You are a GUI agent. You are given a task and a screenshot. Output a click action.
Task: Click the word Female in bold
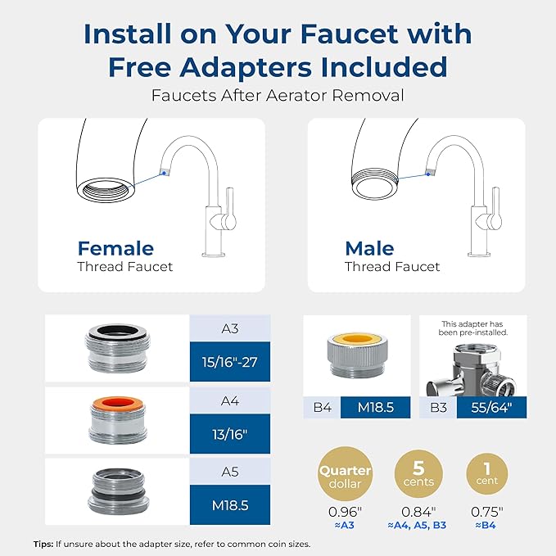pos(115,247)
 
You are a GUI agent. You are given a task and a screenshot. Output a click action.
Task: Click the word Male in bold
pos(369,247)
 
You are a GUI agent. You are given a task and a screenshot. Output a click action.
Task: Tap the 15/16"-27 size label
pos(229,359)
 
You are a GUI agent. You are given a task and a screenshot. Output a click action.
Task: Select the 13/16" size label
pos(229,431)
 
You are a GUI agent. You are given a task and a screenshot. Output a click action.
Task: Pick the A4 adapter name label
pos(229,400)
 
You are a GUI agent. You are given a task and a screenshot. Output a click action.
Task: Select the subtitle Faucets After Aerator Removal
pos(278,95)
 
